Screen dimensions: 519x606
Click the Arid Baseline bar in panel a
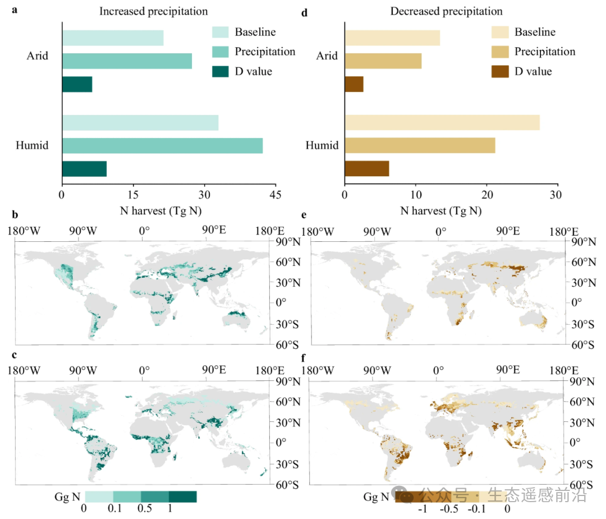click(x=112, y=38)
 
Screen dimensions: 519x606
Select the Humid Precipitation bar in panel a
click(x=162, y=146)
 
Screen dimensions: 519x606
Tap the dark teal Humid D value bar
click(x=84, y=169)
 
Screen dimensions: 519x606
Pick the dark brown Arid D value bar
click(x=354, y=84)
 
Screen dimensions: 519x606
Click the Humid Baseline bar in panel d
click(x=442, y=122)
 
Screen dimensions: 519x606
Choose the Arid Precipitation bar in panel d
click(x=383, y=61)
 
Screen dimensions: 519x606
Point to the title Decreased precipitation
click(x=446, y=11)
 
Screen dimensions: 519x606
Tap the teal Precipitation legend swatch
click(x=221, y=52)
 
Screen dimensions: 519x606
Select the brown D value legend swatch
click(x=500, y=71)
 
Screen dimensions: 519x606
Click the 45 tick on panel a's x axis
click(x=275, y=195)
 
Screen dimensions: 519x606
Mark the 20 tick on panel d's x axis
click(x=486, y=195)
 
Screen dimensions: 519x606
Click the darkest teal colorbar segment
click(x=182, y=497)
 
